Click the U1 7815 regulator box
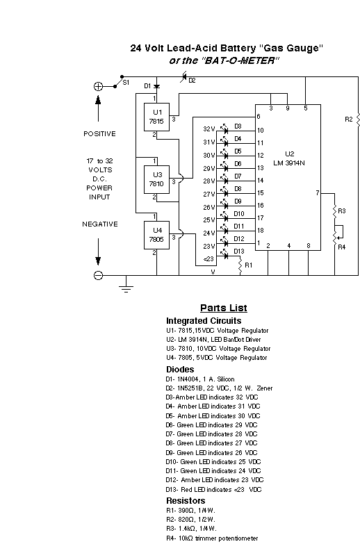(x=156, y=117)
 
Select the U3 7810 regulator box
(x=156, y=179)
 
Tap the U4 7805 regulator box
(x=156, y=235)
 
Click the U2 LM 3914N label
(x=289, y=158)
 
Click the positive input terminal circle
(x=98, y=86)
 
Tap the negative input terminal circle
(x=98, y=275)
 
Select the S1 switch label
(x=126, y=82)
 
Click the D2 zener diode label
(x=192, y=80)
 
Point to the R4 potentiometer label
(x=342, y=247)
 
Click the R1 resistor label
(x=249, y=265)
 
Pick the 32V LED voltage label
(x=209, y=129)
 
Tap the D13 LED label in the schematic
(x=239, y=252)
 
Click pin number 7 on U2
(x=318, y=193)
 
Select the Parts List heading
(x=224, y=308)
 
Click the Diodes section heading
(x=180, y=369)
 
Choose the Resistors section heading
(x=186, y=501)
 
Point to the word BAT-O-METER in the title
(x=240, y=60)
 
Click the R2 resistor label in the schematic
(x=349, y=119)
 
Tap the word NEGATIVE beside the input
(x=100, y=224)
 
